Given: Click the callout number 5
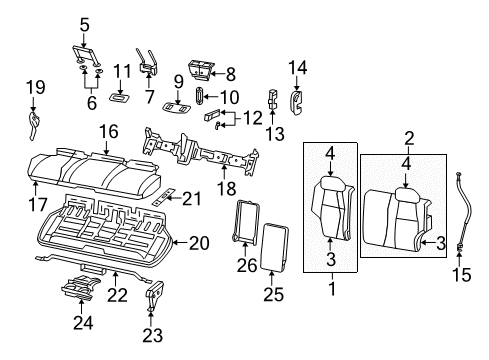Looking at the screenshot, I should (x=84, y=23).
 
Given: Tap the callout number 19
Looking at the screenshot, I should (x=35, y=87).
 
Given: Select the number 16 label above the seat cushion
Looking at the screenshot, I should (x=108, y=129).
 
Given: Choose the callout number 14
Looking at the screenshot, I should (x=297, y=68).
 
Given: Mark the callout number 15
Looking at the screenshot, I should (x=462, y=274).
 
